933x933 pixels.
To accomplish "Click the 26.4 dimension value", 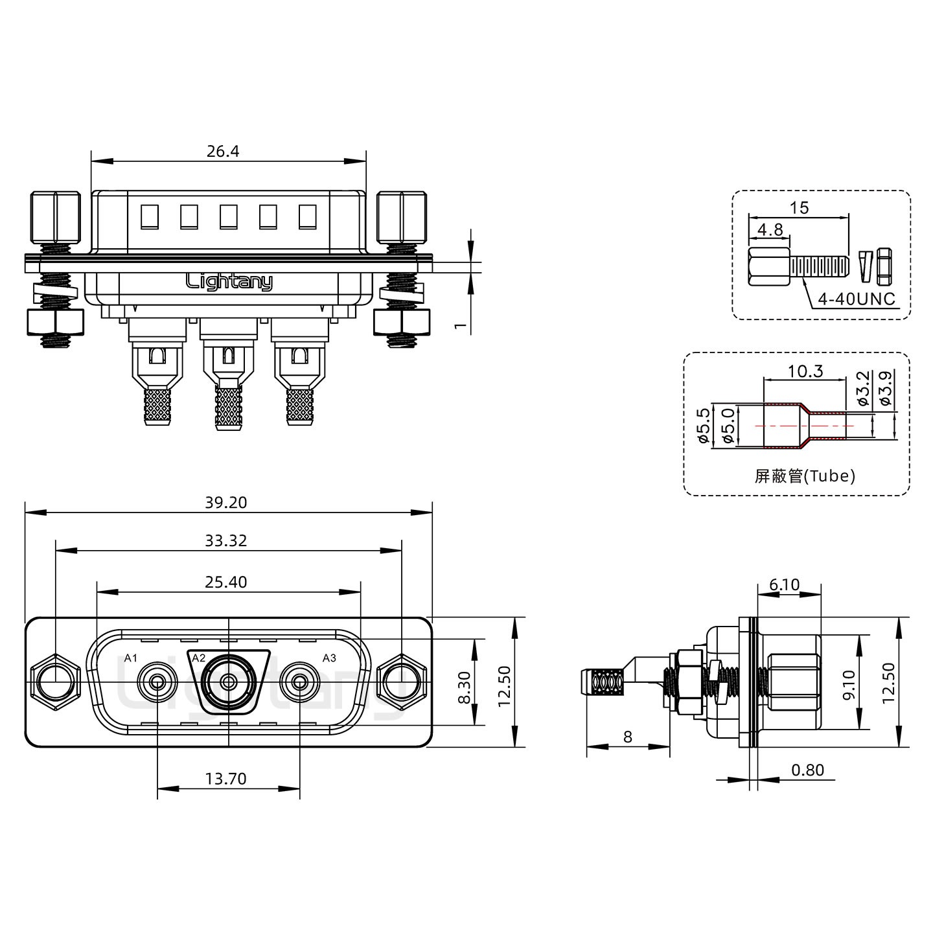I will pos(223,152).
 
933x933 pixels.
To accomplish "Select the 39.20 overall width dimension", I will pos(226,503).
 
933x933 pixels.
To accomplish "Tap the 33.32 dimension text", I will pos(226,540).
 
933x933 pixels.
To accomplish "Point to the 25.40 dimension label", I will pos(226,582).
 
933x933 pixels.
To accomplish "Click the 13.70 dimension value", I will pos(226,778).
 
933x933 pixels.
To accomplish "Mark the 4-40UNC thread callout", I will pos(857,299).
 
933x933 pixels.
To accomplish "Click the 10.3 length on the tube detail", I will pos(805,371).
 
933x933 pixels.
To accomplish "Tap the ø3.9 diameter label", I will pos(886,387).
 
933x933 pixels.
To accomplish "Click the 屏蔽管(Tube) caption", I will pos(805,476).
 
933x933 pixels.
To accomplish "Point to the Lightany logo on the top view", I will pos(229,281).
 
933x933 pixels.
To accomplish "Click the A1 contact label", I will pos(131,658).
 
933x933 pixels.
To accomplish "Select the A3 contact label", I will pos(329,658).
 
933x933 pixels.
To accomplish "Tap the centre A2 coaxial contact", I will pos(228,682).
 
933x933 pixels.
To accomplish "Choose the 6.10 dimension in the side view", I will pos(785,585).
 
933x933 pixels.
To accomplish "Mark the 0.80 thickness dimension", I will pos(807,770).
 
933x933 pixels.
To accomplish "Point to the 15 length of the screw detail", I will pos(800,208).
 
